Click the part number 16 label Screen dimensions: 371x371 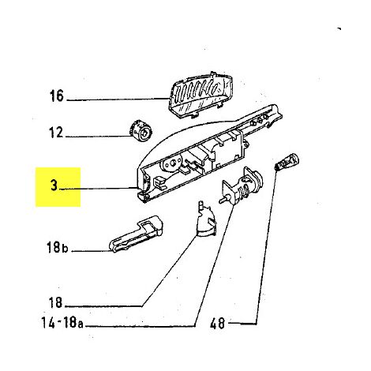[x=57, y=96]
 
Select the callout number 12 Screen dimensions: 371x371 [x=57, y=133]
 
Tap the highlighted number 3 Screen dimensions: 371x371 [x=54, y=185]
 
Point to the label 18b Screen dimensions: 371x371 [x=58, y=248]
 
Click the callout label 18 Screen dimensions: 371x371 [x=56, y=302]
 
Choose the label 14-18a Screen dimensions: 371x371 [x=62, y=322]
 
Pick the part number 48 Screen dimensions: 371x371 [x=218, y=324]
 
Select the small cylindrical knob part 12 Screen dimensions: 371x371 [x=141, y=131]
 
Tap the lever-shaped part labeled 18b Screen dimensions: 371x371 [x=136, y=234]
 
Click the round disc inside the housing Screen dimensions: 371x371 [x=172, y=163]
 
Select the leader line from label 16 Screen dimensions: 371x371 [x=118, y=99]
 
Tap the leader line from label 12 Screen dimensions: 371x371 [x=99, y=136]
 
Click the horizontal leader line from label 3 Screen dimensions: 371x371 [x=98, y=189]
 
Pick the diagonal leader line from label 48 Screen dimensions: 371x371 [x=266, y=247]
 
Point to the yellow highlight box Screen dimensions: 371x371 [x=58, y=187]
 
